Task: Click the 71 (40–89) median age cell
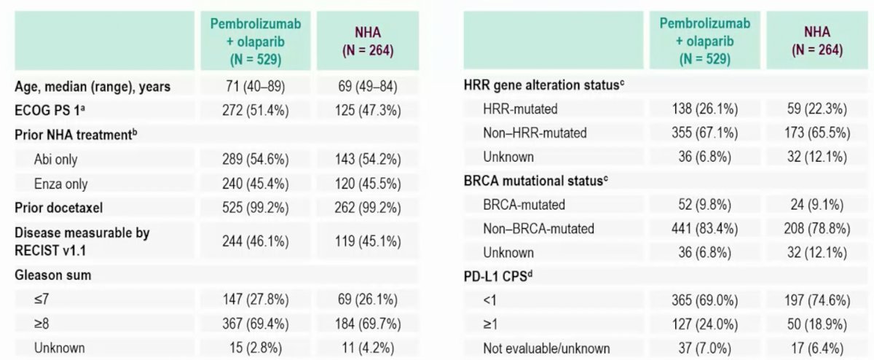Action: click(256, 86)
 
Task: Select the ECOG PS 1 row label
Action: click(50, 111)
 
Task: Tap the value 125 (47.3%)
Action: click(368, 111)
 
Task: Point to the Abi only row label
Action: click(56, 160)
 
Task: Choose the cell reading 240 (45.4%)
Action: click(256, 184)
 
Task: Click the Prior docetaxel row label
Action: click(59, 208)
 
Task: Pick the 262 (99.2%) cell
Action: click(368, 208)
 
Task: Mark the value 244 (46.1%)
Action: click(256, 241)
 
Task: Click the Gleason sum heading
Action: click(53, 275)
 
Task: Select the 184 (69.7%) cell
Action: click(368, 324)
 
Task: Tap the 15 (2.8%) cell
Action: click(256, 348)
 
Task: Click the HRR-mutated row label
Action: click(520, 109)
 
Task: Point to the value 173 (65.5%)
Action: click(817, 133)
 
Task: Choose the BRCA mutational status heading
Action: click(536, 181)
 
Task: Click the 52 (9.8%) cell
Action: click(705, 205)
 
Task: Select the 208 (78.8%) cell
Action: click(817, 228)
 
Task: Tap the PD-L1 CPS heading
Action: click(498, 276)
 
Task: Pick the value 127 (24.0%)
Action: click(705, 324)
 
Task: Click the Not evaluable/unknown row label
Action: click(546, 348)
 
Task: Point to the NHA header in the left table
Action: click(368, 41)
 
